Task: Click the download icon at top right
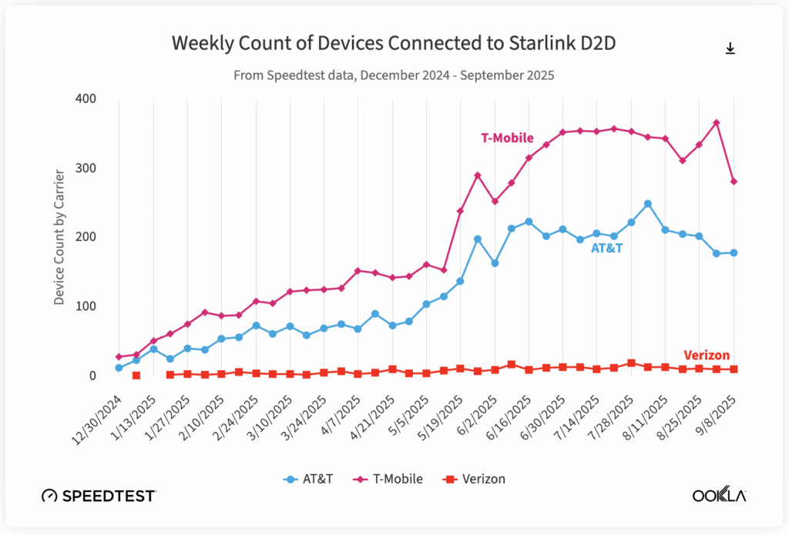[730, 48]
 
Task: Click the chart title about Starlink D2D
[394, 44]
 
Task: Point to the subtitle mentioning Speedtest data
[394, 76]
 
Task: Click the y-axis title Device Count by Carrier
[59, 237]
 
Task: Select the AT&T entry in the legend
[308, 479]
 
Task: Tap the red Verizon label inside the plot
[707, 356]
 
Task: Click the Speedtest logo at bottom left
[99, 495]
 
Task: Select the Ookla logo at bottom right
[719, 495]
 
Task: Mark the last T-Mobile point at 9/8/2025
[734, 182]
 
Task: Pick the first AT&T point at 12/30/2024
[119, 368]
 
